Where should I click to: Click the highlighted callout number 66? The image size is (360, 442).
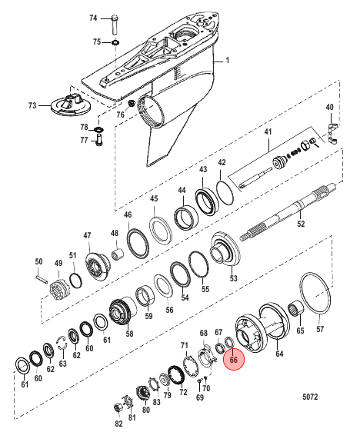(234, 360)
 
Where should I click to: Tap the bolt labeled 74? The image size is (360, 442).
(115, 25)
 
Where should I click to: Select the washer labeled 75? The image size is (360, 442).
(115, 43)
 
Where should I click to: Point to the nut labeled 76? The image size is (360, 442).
(131, 103)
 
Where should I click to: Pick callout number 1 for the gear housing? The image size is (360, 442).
(228, 60)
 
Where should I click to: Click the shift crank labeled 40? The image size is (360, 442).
(332, 133)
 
